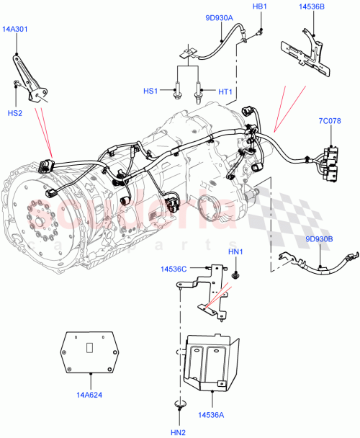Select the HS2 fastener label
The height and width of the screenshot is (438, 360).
pos(15,112)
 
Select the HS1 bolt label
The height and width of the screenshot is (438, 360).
pos(150,91)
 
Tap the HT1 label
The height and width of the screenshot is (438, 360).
pos(225,91)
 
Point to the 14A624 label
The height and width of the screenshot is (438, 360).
pos(91,395)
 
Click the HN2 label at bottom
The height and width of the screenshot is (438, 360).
pos(179,431)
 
